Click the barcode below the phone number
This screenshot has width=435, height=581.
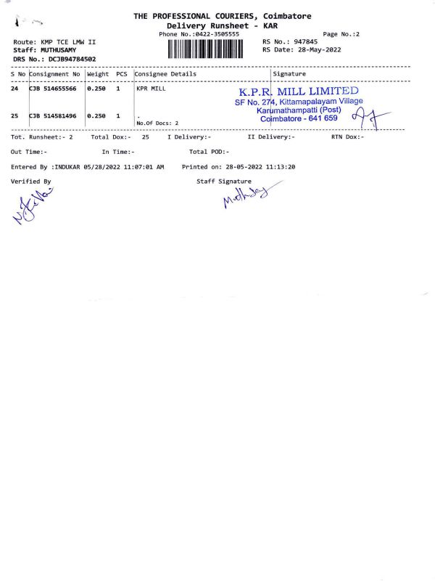(207, 49)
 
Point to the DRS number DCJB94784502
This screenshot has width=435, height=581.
(72, 59)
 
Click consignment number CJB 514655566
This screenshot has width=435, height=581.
(53, 89)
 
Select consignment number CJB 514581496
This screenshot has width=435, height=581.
(53, 115)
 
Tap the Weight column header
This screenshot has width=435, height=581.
(98, 74)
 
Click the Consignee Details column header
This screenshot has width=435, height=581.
(165, 74)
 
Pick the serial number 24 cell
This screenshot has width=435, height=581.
(15, 89)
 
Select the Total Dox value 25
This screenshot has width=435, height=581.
(146, 137)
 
